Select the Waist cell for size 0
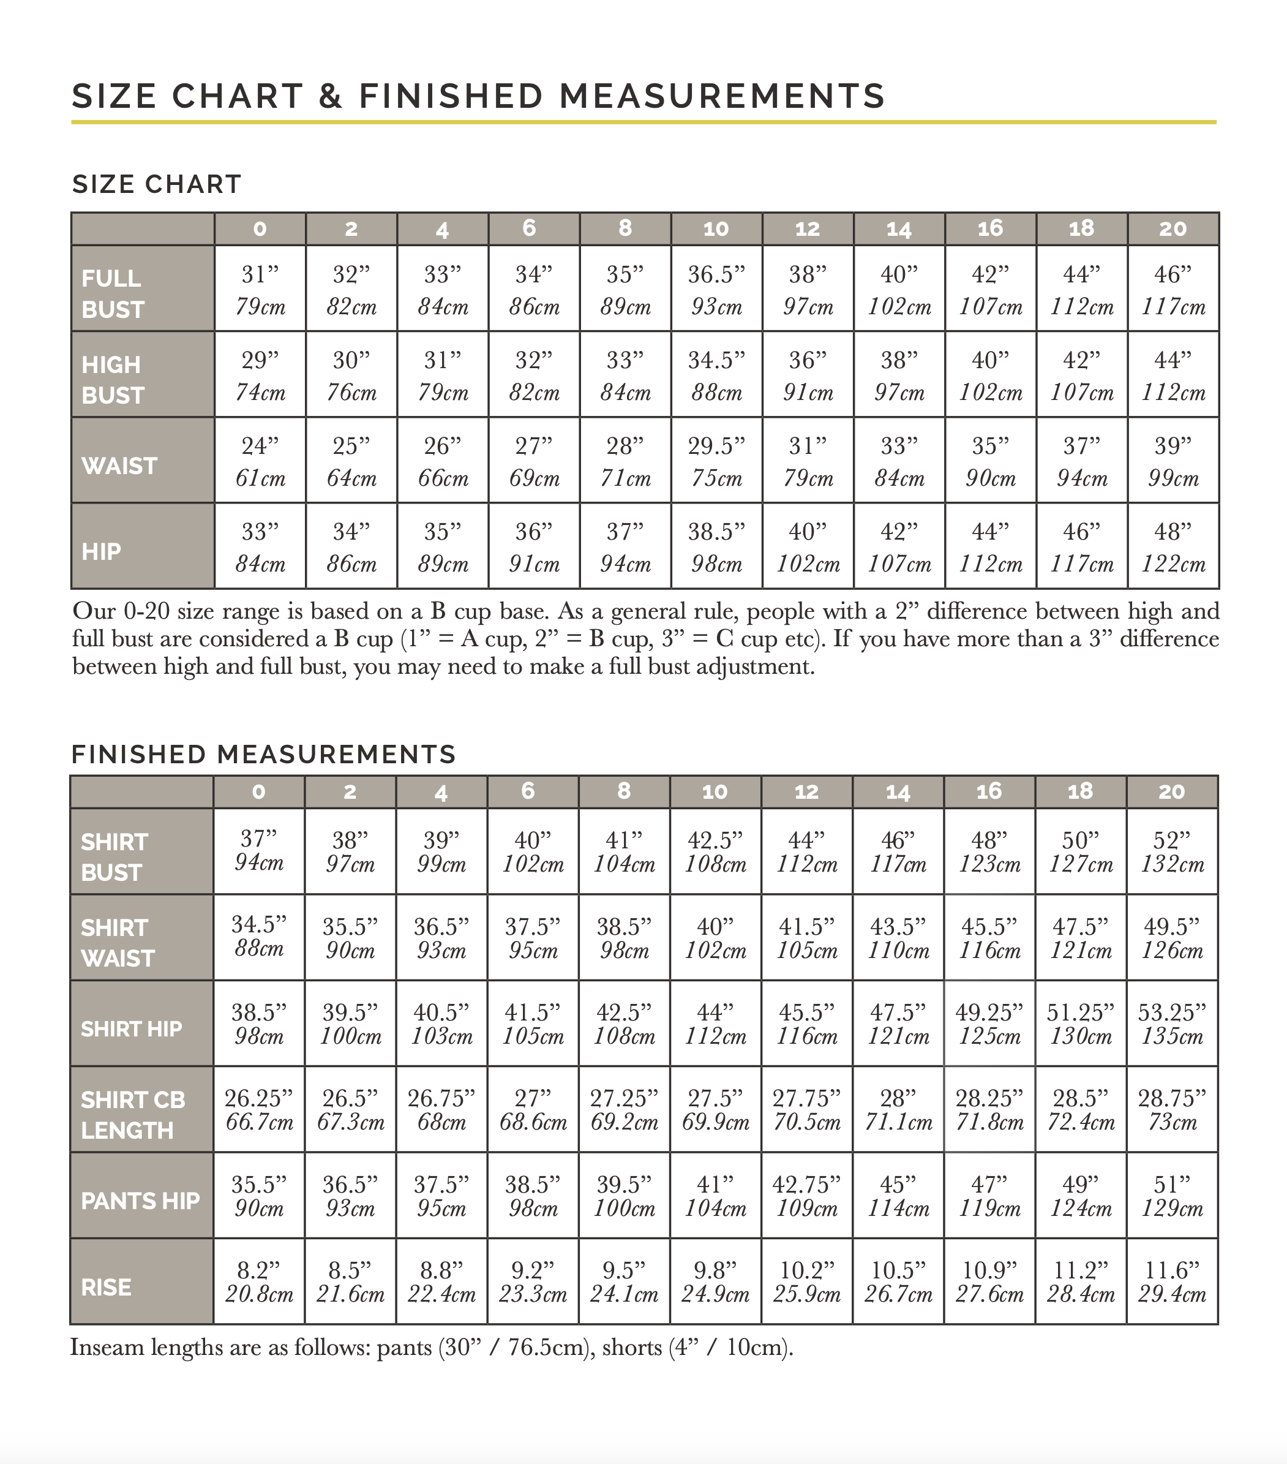click(x=260, y=461)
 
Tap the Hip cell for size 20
click(x=1173, y=547)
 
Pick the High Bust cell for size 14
click(x=899, y=375)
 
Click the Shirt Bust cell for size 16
click(x=989, y=851)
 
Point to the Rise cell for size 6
click(x=533, y=1282)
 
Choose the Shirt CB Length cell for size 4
click(x=441, y=1109)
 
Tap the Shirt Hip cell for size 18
click(x=1080, y=1024)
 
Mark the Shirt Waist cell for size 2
click(x=350, y=938)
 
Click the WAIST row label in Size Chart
click(x=119, y=466)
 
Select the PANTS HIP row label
click(x=140, y=1201)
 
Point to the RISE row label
click(x=106, y=1287)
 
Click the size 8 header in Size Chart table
click(x=625, y=228)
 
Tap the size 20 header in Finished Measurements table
click(x=1172, y=791)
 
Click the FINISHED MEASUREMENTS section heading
click(x=263, y=754)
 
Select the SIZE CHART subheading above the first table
click(x=157, y=184)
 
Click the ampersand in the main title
click(x=331, y=97)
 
